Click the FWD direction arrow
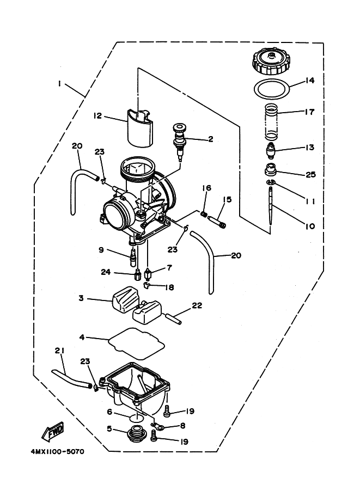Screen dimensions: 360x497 tap(53, 431)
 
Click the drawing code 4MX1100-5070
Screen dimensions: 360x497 tap(58, 451)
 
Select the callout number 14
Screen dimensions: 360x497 tap(309, 81)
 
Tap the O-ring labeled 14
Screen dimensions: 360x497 tap(272, 88)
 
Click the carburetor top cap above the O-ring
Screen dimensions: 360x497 tap(271, 63)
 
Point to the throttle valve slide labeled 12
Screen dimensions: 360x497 tap(140, 128)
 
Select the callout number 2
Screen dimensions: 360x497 tap(211, 139)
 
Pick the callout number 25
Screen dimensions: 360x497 tap(311, 174)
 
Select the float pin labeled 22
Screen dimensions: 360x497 tap(172, 318)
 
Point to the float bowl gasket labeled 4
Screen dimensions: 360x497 tap(136, 343)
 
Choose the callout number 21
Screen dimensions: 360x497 tap(59, 351)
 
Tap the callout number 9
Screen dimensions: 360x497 tap(101, 250)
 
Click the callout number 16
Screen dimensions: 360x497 tap(207, 188)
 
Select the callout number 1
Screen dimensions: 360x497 tap(59, 83)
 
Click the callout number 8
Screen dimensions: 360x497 tap(182, 426)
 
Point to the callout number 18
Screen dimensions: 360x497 tap(170, 287)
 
